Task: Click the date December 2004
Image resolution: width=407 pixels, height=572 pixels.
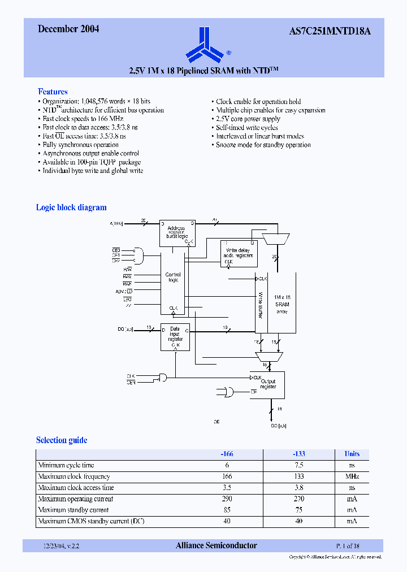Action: pos(68,29)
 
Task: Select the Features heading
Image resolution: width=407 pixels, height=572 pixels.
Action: pos(53,92)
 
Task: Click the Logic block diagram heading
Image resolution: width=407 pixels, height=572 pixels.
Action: pos(71,207)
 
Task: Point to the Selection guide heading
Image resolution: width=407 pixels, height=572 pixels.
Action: pos(62,440)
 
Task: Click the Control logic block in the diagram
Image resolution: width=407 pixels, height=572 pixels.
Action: pos(172,278)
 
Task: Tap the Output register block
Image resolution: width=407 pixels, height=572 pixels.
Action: pos(267,384)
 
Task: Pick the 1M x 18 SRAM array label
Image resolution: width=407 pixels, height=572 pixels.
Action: pos(282,304)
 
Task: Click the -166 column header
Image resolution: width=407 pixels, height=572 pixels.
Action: pos(227,454)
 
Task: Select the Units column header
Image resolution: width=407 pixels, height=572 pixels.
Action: pos(352,454)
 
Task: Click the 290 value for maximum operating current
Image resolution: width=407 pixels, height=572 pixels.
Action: pos(227,499)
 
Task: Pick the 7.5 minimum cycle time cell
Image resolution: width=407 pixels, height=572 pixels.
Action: pos(299,465)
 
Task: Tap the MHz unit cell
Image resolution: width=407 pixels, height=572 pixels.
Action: pos(352,476)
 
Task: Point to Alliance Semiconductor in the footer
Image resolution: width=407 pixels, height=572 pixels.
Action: pos(216,545)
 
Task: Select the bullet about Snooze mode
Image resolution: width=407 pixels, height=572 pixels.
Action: pos(263,145)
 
